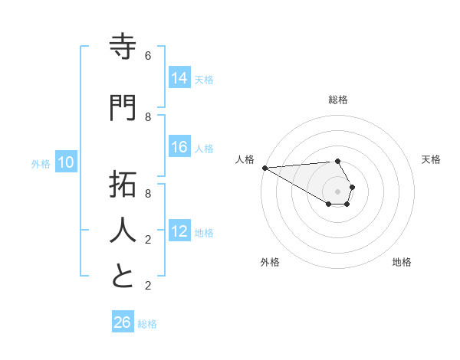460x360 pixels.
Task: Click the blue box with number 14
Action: pyautogui.click(x=179, y=77)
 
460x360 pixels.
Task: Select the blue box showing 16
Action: pyautogui.click(x=179, y=147)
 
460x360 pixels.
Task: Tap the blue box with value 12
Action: pyautogui.click(x=179, y=231)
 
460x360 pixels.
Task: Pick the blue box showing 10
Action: pyautogui.click(x=66, y=162)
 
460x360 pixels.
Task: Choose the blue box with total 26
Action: pyautogui.click(x=123, y=322)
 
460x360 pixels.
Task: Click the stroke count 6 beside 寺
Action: pyautogui.click(x=148, y=56)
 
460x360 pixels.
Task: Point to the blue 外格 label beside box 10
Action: pyautogui.click(x=40, y=163)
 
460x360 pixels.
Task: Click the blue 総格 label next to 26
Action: pyautogui.click(x=147, y=323)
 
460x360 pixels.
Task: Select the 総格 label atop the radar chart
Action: pyautogui.click(x=338, y=100)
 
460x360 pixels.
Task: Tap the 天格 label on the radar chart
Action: pyautogui.click(x=431, y=159)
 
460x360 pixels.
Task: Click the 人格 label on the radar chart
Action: pyautogui.click(x=245, y=159)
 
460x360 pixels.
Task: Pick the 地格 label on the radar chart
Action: pyautogui.click(x=402, y=262)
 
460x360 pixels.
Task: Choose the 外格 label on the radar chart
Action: pyautogui.click(x=270, y=262)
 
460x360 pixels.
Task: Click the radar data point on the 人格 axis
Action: pyautogui.click(x=264, y=168)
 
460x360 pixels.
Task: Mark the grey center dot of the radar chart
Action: pyautogui.click(x=337, y=191)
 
